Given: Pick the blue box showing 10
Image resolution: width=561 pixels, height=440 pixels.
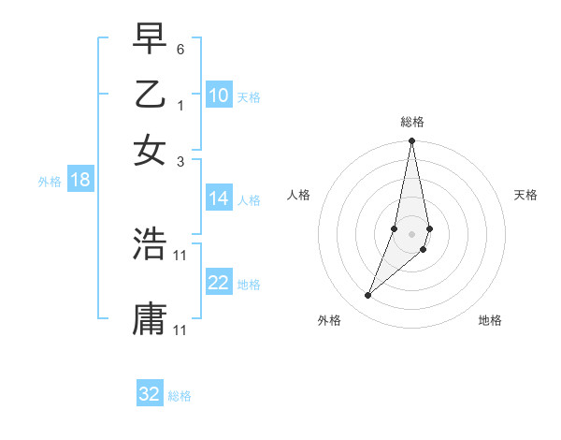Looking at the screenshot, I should click(219, 95).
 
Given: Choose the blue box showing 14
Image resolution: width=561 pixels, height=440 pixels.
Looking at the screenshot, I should click(219, 198).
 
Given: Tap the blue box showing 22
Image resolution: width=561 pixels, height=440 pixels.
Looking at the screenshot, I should click(219, 284).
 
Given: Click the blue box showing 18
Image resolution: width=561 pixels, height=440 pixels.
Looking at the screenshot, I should click(80, 181).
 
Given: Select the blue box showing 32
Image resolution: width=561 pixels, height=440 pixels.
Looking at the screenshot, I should click(150, 394).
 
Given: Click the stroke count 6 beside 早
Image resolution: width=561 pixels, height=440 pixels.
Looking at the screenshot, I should click(180, 48).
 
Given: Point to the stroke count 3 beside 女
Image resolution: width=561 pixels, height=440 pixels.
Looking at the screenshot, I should click(180, 162).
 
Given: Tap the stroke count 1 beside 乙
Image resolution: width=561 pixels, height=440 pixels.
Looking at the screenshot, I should click(180, 106).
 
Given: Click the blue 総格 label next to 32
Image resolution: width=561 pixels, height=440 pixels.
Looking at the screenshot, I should click(180, 396).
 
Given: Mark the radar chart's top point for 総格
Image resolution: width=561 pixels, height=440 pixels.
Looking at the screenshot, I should click(411, 141).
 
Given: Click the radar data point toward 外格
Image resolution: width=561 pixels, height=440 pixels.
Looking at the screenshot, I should click(367, 296).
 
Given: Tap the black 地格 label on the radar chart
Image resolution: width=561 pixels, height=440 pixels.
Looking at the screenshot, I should click(490, 320).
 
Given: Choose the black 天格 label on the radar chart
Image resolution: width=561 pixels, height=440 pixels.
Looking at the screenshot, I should click(525, 195).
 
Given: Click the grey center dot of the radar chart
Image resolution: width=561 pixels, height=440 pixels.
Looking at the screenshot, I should click(411, 233).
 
